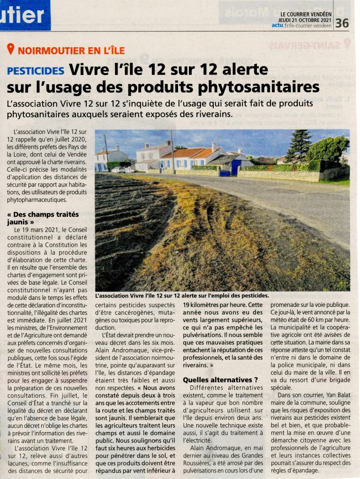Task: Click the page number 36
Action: pyautogui.click(x=342, y=23)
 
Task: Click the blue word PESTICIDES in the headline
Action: pyautogui.click(x=36, y=71)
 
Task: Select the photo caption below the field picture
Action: pyautogui.click(x=182, y=296)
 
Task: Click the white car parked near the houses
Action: pyautogui.click(x=119, y=169)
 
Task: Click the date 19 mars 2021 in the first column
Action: pyautogui.click(x=45, y=230)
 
